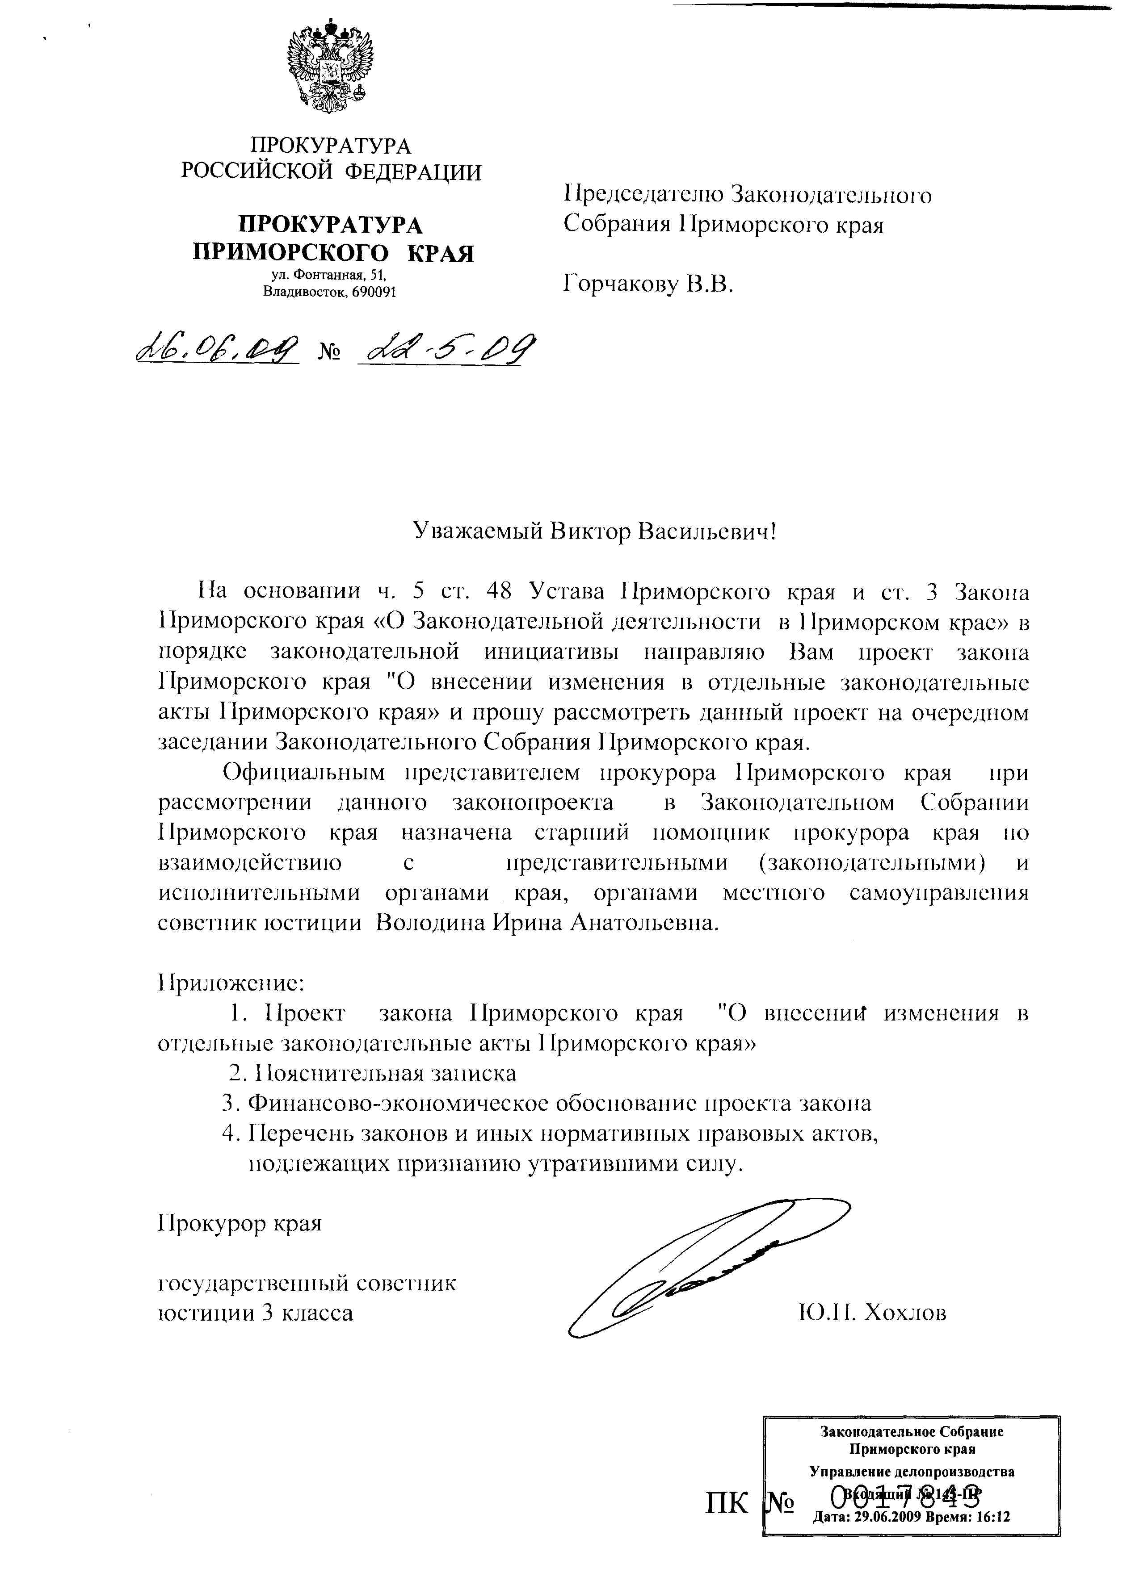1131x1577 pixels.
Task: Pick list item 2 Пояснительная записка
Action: (373, 1073)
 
